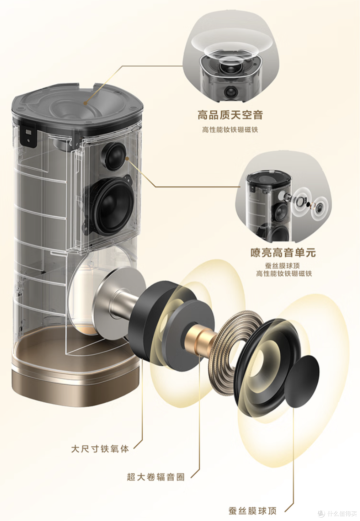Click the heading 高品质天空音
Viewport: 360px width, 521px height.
tap(230, 115)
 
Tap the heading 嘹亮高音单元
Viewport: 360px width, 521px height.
tap(283, 252)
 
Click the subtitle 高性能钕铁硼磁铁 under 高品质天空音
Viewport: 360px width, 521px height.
tap(230, 129)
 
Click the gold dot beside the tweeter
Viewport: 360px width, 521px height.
tap(127, 158)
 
